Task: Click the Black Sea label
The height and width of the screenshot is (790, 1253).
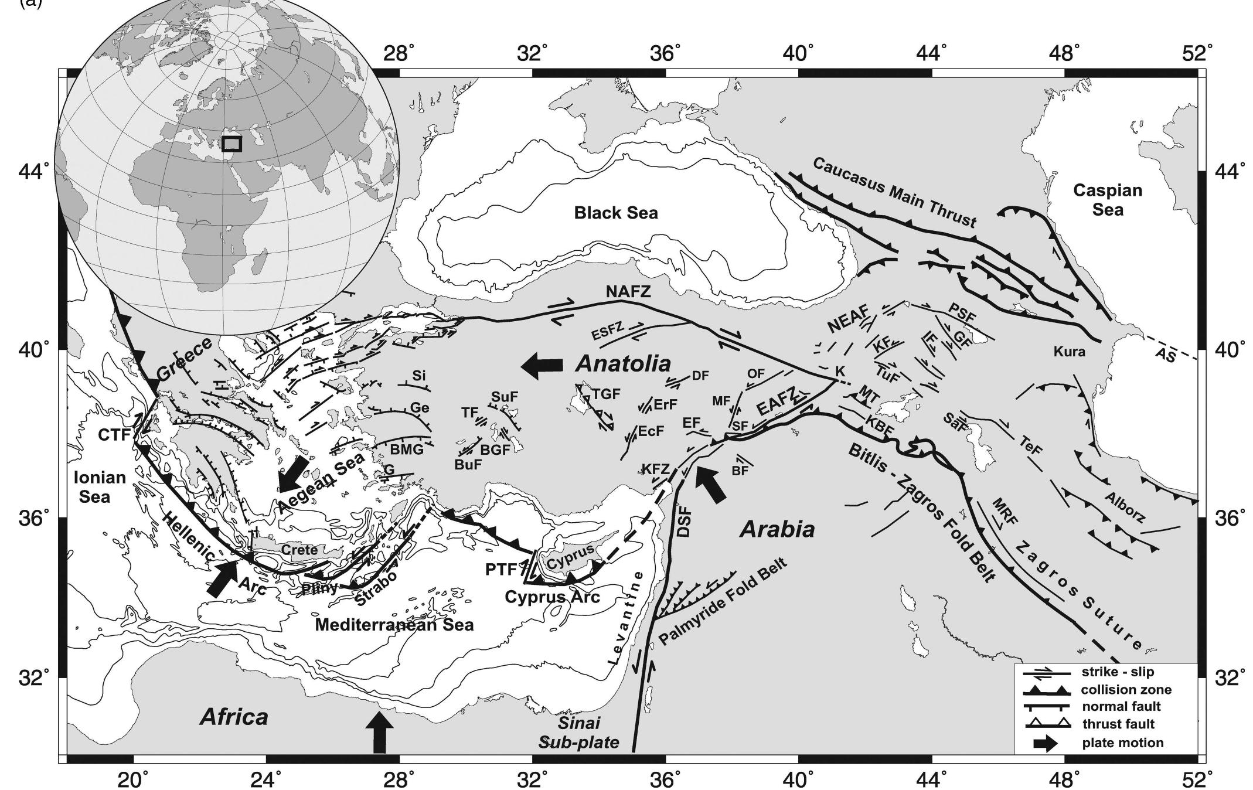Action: [615, 213]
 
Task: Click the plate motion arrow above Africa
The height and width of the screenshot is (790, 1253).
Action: [379, 731]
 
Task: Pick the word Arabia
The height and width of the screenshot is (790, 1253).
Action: [777, 530]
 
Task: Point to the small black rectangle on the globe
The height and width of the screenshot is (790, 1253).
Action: [231, 144]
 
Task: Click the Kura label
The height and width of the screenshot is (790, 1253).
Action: [1069, 352]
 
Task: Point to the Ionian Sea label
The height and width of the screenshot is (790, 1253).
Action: [100, 487]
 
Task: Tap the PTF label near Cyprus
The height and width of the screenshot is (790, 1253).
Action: [500, 568]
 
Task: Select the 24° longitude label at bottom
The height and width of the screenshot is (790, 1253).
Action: [267, 778]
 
